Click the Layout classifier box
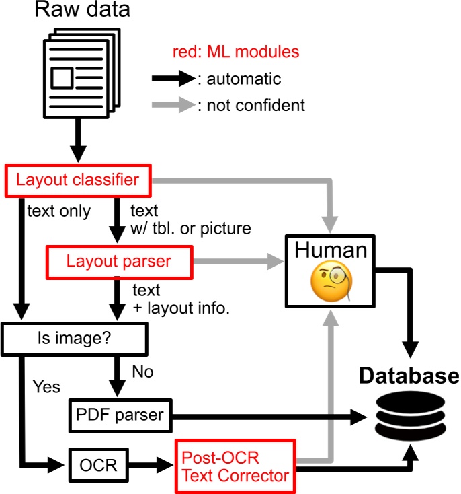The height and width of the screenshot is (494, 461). click(x=78, y=180)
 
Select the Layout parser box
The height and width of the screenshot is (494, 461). click(x=118, y=262)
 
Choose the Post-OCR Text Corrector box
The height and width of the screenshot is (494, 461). click(x=235, y=465)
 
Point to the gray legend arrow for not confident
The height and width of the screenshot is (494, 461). click(x=173, y=105)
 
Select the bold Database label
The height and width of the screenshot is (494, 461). click(x=409, y=376)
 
